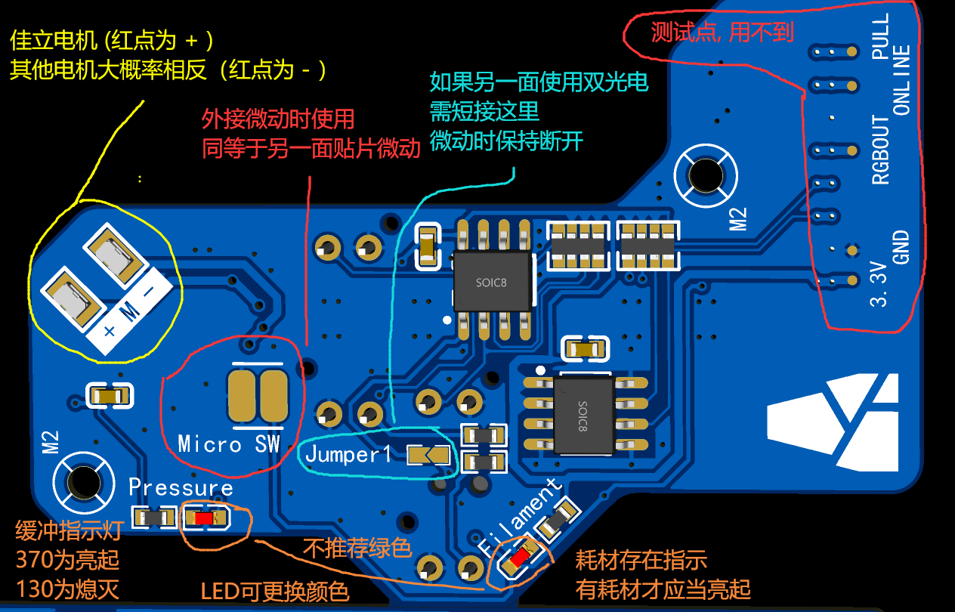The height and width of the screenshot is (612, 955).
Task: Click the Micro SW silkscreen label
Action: tap(229, 444)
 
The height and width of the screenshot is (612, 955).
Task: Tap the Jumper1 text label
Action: tap(349, 455)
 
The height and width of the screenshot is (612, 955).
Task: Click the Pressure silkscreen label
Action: tap(181, 488)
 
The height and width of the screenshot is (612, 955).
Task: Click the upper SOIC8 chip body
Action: tap(492, 281)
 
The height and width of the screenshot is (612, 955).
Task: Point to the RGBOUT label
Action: tap(881, 150)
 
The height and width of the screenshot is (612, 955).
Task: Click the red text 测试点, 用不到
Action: tap(722, 32)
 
